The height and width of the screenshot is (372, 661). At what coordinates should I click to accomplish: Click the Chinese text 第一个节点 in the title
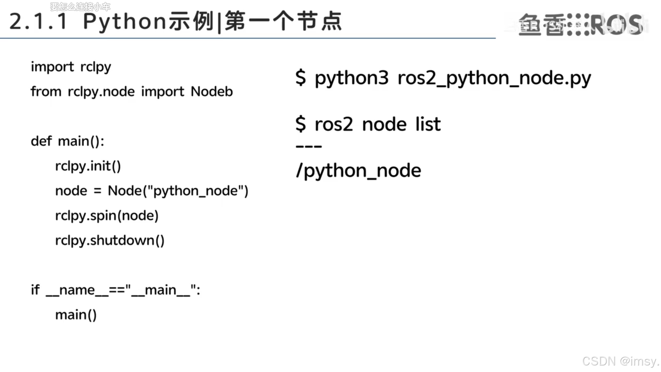click(x=283, y=21)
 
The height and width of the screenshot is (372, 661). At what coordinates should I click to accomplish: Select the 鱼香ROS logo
click(x=580, y=25)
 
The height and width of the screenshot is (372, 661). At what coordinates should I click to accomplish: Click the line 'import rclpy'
click(x=71, y=67)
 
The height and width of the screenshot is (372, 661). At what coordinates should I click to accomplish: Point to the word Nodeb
click(x=212, y=92)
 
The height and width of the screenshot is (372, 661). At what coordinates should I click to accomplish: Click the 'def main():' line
click(x=67, y=141)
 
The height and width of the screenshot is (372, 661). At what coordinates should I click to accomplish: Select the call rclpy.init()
click(x=88, y=166)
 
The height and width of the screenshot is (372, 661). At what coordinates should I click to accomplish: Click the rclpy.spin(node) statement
click(x=107, y=216)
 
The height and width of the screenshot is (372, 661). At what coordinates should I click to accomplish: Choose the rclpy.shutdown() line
click(x=110, y=241)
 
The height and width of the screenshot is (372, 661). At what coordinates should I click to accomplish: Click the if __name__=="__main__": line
click(x=115, y=290)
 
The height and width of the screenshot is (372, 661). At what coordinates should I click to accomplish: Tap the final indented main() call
click(x=76, y=315)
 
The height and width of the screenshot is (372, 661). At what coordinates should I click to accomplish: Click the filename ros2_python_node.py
click(x=494, y=79)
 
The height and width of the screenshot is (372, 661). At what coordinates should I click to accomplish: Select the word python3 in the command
click(x=351, y=79)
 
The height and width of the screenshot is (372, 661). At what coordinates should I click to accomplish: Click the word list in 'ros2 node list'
click(x=428, y=124)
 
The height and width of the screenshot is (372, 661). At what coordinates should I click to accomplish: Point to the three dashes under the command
click(x=308, y=147)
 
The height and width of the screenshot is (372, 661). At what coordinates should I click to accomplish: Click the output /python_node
click(x=358, y=171)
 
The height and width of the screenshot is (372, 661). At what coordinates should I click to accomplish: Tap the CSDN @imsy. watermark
click(x=620, y=361)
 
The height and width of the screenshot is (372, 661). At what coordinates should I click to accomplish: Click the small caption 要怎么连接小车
click(x=80, y=6)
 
